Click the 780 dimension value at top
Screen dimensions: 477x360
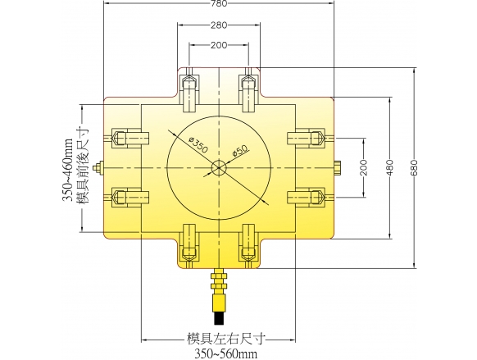[219, 3]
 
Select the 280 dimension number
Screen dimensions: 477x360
[219, 25]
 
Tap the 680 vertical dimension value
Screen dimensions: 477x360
[415, 167]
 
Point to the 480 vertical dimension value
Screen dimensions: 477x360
[389, 167]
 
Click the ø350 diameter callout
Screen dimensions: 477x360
[198, 144]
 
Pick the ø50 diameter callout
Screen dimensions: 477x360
[240, 150]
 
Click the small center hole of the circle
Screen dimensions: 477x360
[219, 167]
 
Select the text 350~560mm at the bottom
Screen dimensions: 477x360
[225, 354]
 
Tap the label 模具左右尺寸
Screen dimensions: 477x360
[225, 339]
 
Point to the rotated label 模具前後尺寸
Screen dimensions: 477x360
[84, 166]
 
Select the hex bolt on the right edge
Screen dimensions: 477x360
[338, 168]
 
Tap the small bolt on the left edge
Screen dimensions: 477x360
[99, 167]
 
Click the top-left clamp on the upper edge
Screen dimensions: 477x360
[190, 90]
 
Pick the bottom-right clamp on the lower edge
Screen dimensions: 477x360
[248, 246]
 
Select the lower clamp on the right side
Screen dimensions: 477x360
[311, 198]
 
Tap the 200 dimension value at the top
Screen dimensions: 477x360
[219, 45]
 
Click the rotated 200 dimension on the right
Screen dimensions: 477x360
[364, 167]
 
